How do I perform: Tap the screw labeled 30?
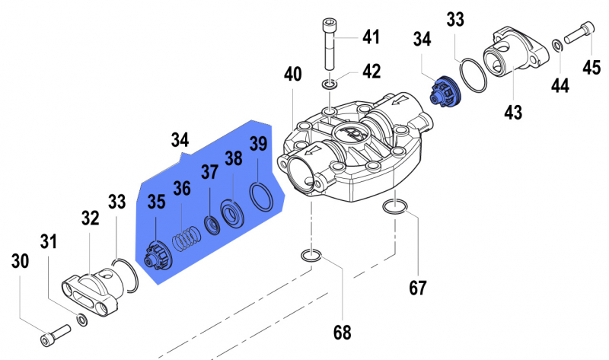tap(57, 332)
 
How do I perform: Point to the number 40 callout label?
tap(293, 75)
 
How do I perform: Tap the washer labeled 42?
tap(329, 82)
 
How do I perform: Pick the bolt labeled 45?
tap(579, 30)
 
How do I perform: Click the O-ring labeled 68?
tap(310, 255)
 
